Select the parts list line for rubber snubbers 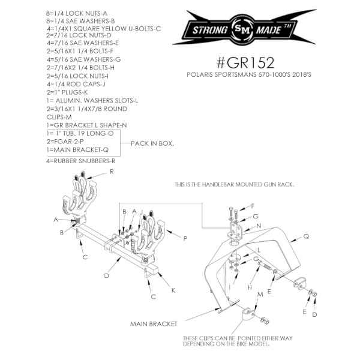pyautogui.click(x=80, y=161)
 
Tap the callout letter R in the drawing pyautogui.click(x=112, y=172)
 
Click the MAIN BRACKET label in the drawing pyautogui.click(x=154, y=324)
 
